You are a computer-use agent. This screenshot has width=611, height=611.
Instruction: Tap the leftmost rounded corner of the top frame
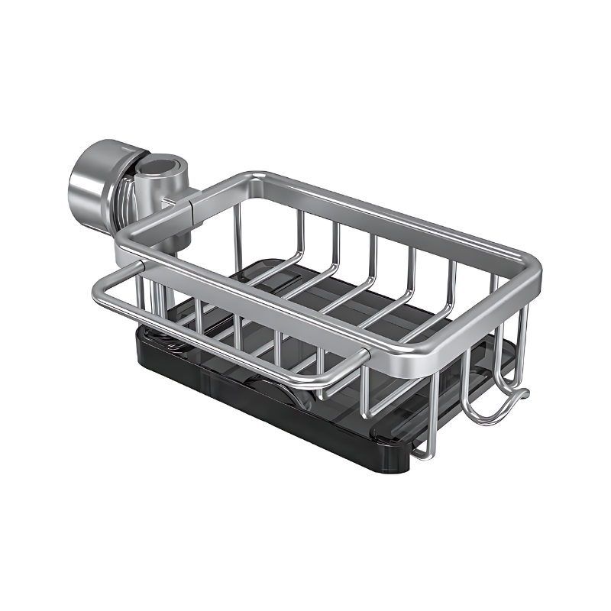click(x=127, y=244)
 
